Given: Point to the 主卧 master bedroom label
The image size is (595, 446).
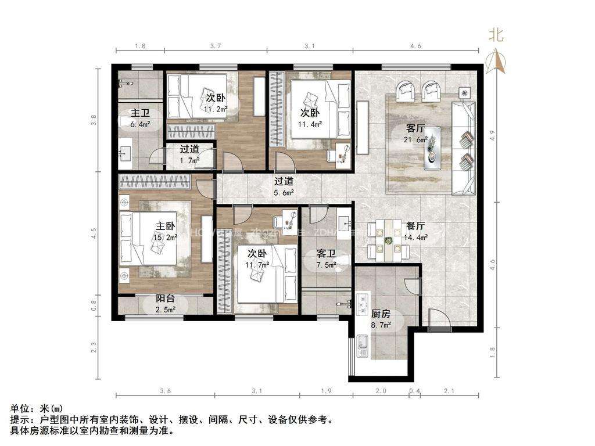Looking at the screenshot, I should [165, 226].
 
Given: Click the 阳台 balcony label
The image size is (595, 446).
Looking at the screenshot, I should [165, 299].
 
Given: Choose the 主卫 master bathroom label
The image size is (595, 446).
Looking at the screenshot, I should [140, 113].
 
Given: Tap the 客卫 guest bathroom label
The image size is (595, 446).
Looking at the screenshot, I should [326, 254].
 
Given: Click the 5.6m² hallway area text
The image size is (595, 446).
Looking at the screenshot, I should [284, 192].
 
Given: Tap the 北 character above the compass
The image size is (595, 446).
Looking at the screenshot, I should [496, 35].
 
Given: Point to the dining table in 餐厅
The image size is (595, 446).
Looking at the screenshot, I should [388, 239].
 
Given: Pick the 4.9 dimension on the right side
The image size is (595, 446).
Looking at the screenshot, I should [492, 135].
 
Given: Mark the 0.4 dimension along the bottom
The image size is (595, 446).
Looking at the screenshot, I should [414, 391].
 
